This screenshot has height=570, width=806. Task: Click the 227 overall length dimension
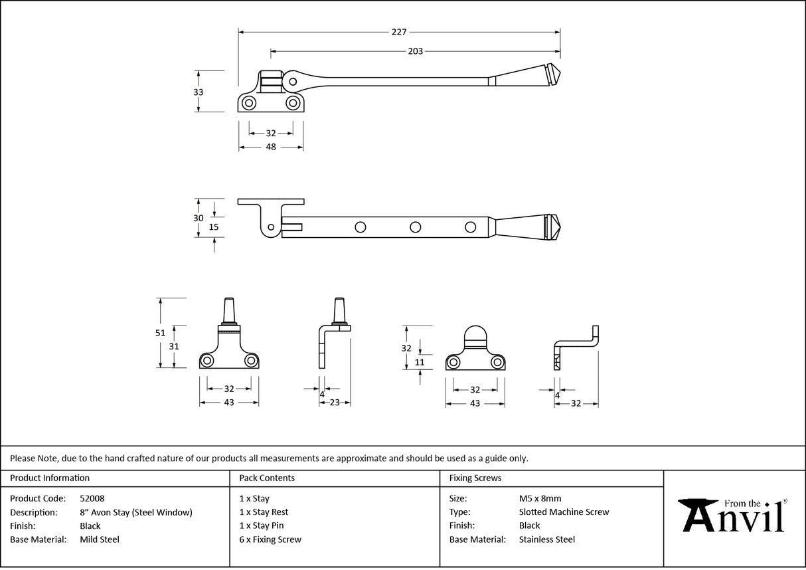coord(398,32)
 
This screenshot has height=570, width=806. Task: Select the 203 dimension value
coord(415,51)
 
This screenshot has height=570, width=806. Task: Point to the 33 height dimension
coord(198,92)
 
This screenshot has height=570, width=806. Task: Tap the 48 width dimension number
coord(270,147)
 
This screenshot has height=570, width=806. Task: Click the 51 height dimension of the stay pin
coord(160,333)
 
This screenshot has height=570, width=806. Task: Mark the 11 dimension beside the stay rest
coord(419,362)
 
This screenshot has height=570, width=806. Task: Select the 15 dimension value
coord(213,227)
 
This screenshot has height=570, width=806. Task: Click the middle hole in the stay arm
coord(415,227)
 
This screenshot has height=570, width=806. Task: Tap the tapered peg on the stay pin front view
coord(229,310)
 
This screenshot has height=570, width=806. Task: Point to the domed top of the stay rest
coord(474,336)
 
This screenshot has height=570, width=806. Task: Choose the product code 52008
coord(92,498)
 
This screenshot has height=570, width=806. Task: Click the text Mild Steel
coord(99,539)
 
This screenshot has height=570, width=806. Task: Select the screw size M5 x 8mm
coord(540,498)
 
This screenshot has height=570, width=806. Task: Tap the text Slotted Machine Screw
coord(564,512)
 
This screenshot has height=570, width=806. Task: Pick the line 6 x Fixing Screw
coord(270,539)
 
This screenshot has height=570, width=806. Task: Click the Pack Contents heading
coord(267,478)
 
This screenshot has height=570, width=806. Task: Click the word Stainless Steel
coord(547,539)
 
